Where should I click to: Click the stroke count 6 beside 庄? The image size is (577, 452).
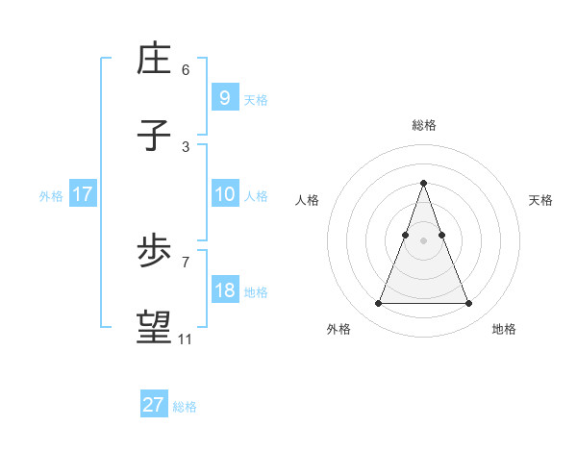click(x=186, y=70)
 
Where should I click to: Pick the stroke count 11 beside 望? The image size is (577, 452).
click(x=186, y=339)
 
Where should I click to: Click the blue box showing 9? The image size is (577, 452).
click(x=224, y=97)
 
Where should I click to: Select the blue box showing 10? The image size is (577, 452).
click(x=224, y=194)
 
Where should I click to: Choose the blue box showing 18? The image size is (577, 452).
click(x=224, y=290)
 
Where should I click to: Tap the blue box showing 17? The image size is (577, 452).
click(x=82, y=194)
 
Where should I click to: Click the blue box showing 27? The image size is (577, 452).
click(x=153, y=405)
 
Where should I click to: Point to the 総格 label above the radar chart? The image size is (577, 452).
click(x=424, y=125)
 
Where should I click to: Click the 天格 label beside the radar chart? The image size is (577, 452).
click(x=540, y=200)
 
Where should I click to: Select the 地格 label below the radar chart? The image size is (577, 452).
click(x=504, y=329)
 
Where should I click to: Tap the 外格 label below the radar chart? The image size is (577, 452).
click(x=339, y=329)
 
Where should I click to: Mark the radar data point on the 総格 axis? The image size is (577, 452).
click(x=424, y=183)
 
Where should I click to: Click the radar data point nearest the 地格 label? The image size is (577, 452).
click(x=468, y=304)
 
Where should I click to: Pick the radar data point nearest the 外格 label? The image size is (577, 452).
click(x=379, y=304)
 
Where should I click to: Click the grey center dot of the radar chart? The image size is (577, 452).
click(x=424, y=240)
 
